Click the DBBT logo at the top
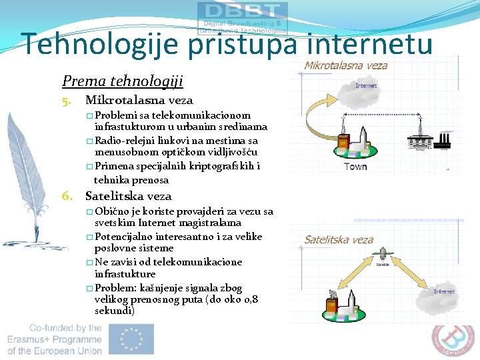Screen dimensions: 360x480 (x=243, y=17)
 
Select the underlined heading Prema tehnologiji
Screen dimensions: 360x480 (x=122, y=81)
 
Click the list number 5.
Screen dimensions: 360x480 (x=67, y=101)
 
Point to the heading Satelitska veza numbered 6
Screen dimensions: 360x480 (x=128, y=196)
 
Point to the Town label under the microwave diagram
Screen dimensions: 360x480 (x=355, y=166)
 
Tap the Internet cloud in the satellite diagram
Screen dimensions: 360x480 (x=444, y=292)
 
